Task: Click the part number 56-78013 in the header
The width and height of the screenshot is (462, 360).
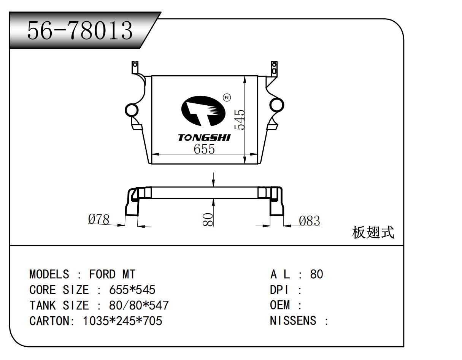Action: [x=80, y=30]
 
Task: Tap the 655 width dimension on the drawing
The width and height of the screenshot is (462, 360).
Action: [x=204, y=149]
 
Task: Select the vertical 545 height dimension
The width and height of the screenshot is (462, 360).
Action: [x=240, y=120]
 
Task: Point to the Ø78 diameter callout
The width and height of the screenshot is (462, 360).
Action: [x=99, y=219]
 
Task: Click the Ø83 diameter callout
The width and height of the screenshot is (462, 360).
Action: [x=309, y=221]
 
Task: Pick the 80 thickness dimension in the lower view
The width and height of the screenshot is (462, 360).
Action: [x=208, y=220]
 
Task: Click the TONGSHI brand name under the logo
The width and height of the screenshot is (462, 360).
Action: [x=204, y=138]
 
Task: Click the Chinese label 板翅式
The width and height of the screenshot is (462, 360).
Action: [x=373, y=232]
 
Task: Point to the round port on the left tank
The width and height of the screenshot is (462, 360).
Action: [x=132, y=110]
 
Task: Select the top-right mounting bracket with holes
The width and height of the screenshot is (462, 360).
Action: [x=273, y=69]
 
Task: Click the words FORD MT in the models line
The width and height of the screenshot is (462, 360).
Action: [x=112, y=274]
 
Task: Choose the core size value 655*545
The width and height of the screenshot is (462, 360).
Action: [x=132, y=290]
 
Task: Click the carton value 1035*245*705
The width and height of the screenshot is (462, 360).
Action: [x=122, y=321]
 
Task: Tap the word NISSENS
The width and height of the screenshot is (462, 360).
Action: [x=293, y=321]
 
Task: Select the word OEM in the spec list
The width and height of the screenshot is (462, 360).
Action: [x=280, y=305]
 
